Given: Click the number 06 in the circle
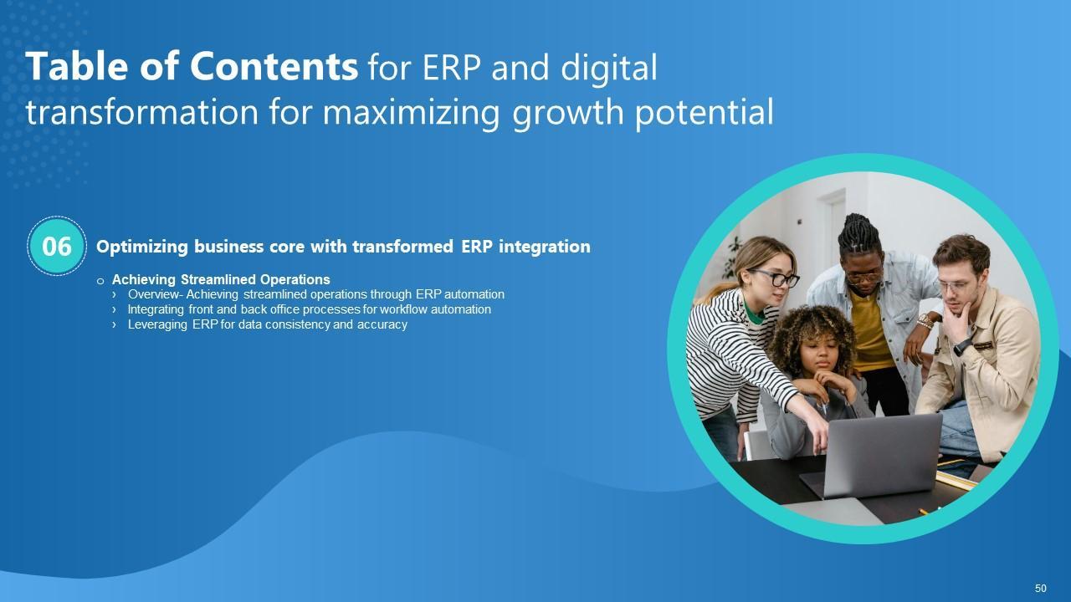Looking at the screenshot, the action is pyautogui.click(x=57, y=246).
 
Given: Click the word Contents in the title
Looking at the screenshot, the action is pyautogui.click(x=274, y=66).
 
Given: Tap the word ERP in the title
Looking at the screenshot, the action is pyautogui.click(x=451, y=68).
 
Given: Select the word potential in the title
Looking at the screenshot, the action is pyautogui.click(x=705, y=113).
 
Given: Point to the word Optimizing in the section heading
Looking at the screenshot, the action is pyautogui.click(x=142, y=247).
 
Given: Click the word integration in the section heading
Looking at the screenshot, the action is pyautogui.click(x=545, y=247).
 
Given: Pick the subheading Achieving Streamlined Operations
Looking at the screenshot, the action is pyautogui.click(x=221, y=279).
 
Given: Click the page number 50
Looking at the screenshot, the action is pyautogui.click(x=1040, y=588).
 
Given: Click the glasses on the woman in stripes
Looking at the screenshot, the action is pyautogui.click(x=776, y=278).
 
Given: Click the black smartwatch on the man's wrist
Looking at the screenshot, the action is pyautogui.click(x=962, y=346).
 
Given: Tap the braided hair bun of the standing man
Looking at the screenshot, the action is pyautogui.click(x=858, y=233).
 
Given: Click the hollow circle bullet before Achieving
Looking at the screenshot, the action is pyautogui.click(x=100, y=281).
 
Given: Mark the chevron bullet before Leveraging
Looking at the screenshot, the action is pyautogui.click(x=114, y=325).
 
